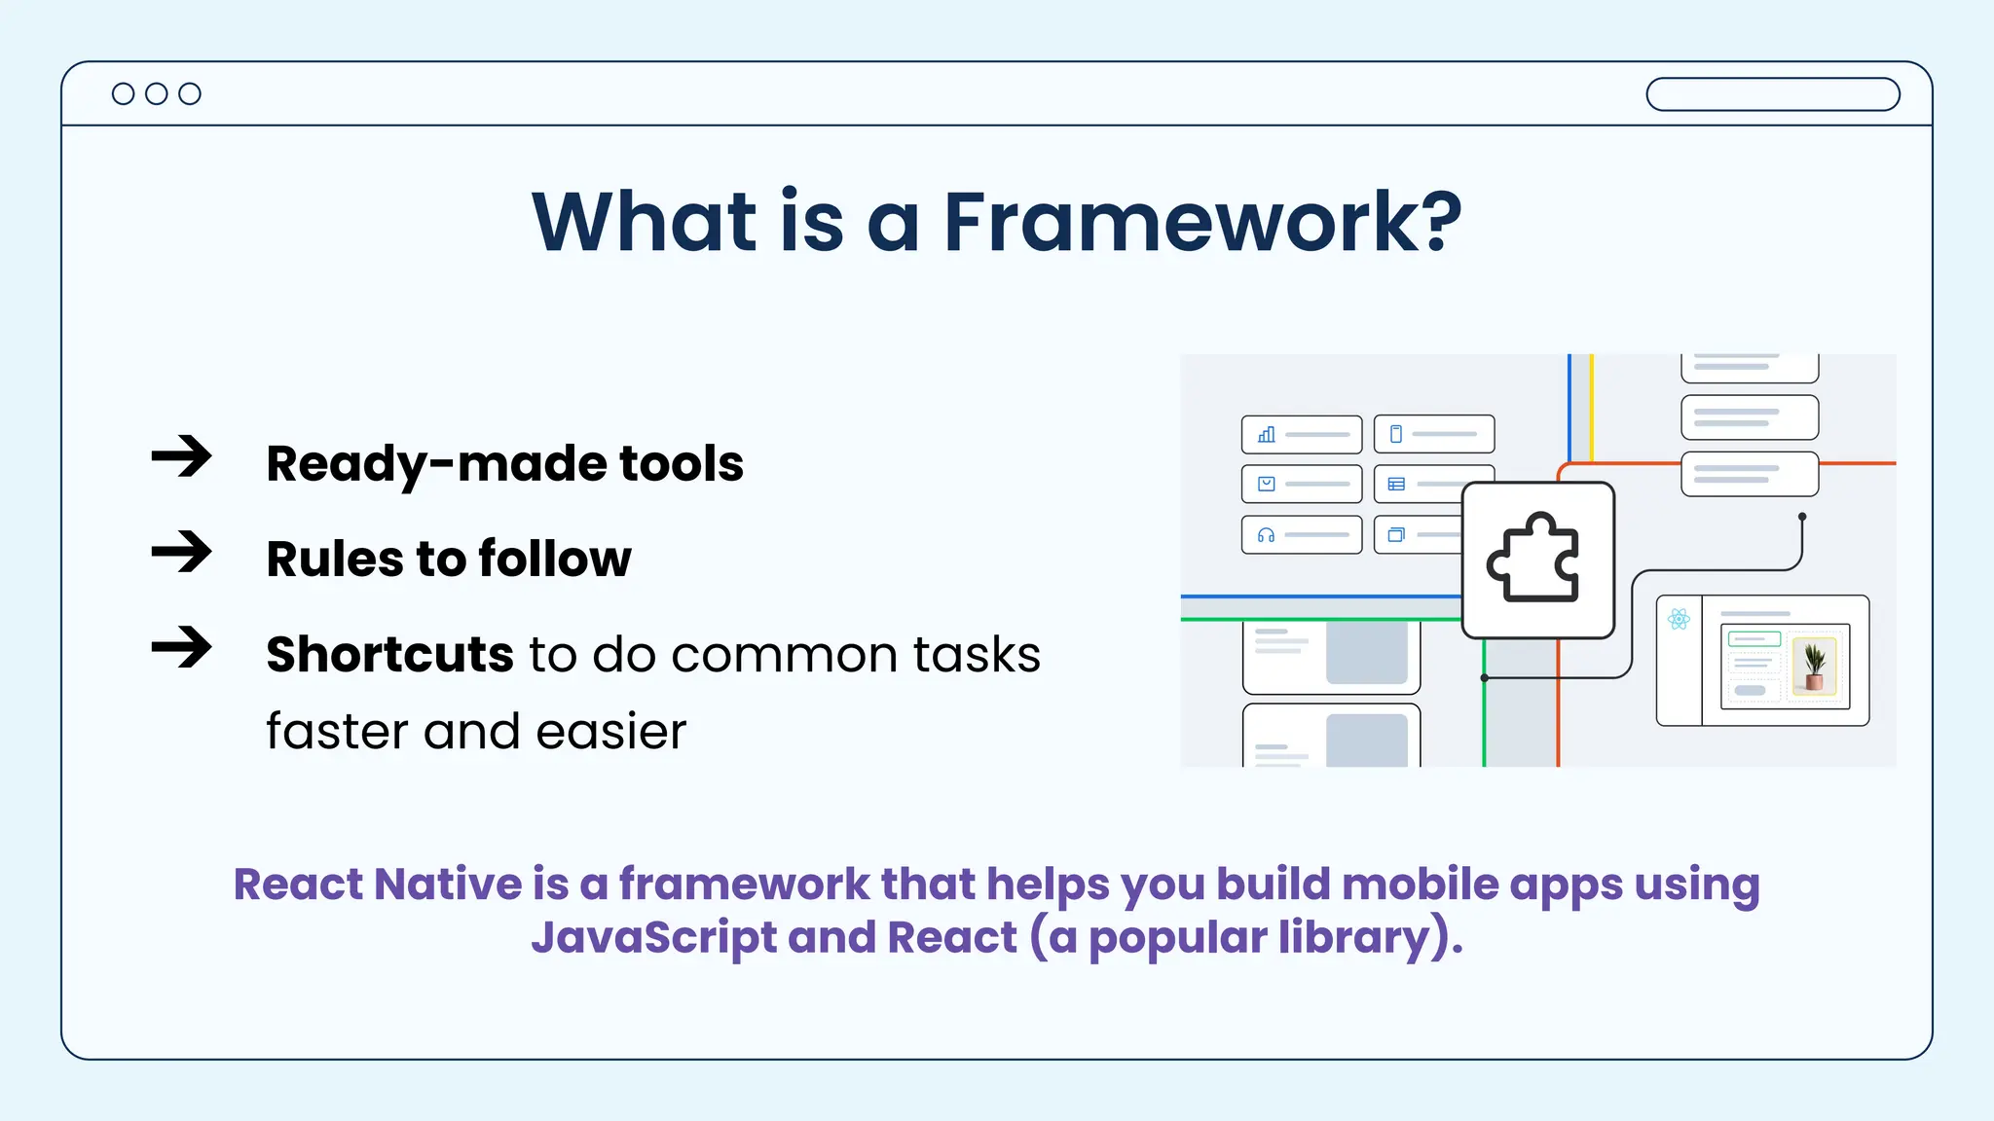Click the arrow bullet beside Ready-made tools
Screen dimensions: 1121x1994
point(182,456)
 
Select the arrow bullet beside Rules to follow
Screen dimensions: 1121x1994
point(182,552)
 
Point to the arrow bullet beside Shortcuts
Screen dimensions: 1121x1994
point(182,647)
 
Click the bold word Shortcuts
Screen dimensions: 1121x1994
point(389,654)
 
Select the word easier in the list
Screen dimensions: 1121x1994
point(610,731)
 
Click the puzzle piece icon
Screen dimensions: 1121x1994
point(1535,560)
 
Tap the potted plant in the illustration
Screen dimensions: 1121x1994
point(1814,666)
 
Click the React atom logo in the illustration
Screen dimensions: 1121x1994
point(1679,619)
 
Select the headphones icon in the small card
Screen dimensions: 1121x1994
point(1266,535)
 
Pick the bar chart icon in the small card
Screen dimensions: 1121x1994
point(1266,435)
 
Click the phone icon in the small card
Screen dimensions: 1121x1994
point(1395,434)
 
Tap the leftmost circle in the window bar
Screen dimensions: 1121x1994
point(123,93)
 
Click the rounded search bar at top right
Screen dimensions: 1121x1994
point(1772,94)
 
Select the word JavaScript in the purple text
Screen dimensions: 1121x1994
point(653,937)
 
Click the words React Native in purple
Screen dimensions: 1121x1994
point(377,885)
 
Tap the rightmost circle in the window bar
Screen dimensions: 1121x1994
point(190,93)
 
